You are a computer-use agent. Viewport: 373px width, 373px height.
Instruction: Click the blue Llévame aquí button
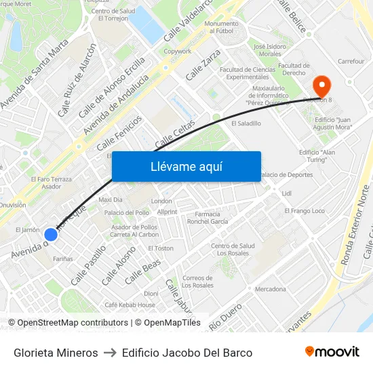(186, 166)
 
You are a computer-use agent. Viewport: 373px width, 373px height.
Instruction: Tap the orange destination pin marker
(321, 85)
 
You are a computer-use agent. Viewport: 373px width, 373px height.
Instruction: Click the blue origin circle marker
(50, 235)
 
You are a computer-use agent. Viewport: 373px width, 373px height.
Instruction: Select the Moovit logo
(332, 352)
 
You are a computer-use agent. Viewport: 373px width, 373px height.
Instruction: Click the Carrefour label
(351, 61)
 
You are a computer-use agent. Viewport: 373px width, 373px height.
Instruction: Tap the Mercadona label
(271, 290)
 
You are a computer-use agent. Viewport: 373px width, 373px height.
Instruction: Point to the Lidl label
(286, 194)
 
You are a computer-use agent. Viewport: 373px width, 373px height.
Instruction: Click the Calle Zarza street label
(203, 66)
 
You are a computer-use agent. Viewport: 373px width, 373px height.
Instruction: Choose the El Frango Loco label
(305, 211)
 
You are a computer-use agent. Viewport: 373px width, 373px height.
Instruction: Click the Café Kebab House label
(130, 305)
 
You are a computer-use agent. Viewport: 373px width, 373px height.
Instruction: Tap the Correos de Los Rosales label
(198, 281)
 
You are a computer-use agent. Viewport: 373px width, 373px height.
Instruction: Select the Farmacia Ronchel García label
(207, 218)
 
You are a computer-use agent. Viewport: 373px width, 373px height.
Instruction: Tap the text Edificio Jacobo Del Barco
(188, 353)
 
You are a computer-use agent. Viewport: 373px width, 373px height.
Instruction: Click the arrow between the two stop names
(110, 353)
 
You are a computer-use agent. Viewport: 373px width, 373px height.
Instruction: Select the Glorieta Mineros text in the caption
(56, 353)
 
